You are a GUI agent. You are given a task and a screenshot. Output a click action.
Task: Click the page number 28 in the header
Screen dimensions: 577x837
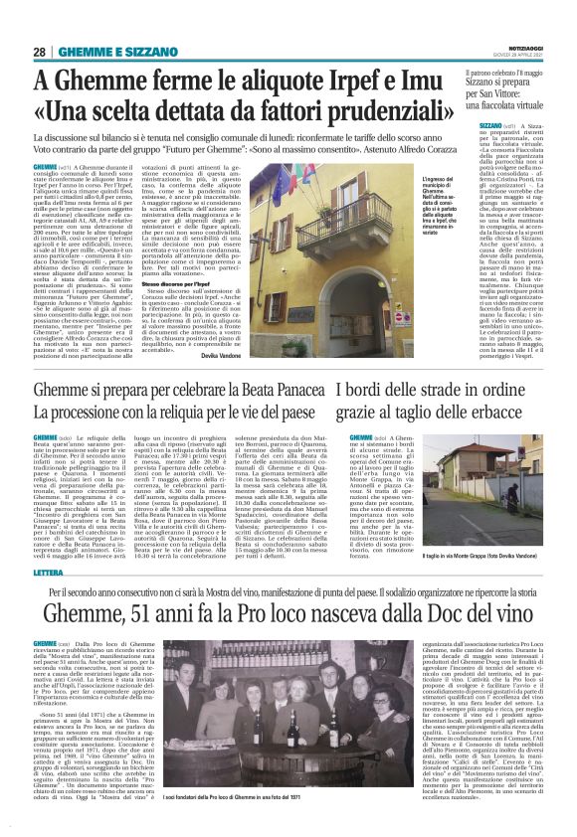point(39,52)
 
